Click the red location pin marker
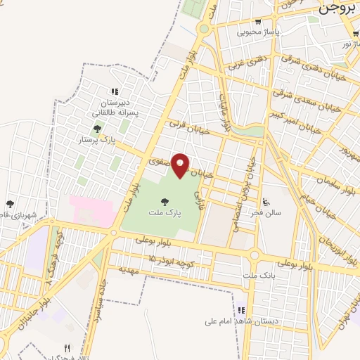pyautogui.click(x=181, y=165)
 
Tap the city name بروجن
pyautogui.click(x=338, y=8)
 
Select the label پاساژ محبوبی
pyautogui.click(x=258, y=32)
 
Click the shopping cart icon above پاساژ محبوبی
pyautogui.click(x=258, y=22)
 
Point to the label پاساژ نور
pyautogui.click(x=347, y=44)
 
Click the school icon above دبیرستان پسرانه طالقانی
pyautogui.click(x=114, y=91)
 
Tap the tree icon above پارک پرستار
pyautogui.click(x=97, y=129)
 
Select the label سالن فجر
pyautogui.click(x=268, y=212)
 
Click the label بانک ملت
pyautogui.click(x=257, y=274)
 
